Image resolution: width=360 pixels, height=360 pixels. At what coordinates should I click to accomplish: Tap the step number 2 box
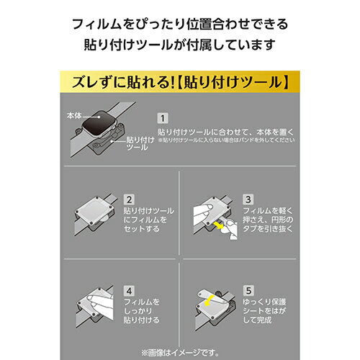coord(130,199)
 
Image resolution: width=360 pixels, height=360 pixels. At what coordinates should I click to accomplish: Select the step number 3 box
coord(248,199)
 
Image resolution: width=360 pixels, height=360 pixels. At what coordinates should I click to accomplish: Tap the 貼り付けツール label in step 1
coord(137,143)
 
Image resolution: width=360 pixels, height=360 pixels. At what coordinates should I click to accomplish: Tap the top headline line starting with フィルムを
coord(180,24)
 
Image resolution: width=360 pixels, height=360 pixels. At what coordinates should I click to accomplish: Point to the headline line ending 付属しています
coord(180,45)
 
